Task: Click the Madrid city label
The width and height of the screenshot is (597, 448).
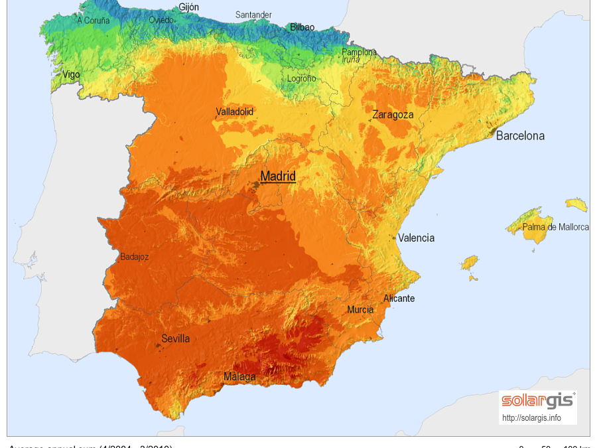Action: pyautogui.click(x=278, y=176)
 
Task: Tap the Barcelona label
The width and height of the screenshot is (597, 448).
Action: pyautogui.click(x=520, y=135)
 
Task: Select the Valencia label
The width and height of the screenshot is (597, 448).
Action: pyautogui.click(x=416, y=238)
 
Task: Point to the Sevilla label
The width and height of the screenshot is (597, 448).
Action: pyautogui.click(x=176, y=338)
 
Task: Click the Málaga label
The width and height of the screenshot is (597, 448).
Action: pyautogui.click(x=239, y=377)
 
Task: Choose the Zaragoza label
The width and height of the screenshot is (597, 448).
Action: pyautogui.click(x=393, y=114)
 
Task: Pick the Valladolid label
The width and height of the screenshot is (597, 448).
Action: pyautogui.click(x=235, y=112)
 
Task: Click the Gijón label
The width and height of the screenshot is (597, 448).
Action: pyautogui.click(x=188, y=7)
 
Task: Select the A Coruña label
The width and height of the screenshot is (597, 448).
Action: pyautogui.click(x=94, y=21)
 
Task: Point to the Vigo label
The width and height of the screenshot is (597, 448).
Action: pyautogui.click(x=71, y=74)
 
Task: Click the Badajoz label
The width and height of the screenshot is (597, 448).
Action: pyautogui.click(x=135, y=257)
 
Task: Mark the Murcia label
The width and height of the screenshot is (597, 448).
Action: pyautogui.click(x=360, y=309)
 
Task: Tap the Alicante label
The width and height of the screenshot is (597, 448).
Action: pyautogui.click(x=399, y=298)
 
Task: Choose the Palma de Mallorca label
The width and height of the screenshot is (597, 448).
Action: pyautogui.click(x=555, y=227)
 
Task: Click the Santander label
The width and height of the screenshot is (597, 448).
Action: pyautogui.click(x=253, y=15)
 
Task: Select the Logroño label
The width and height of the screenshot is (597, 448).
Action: pyautogui.click(x=301, y=78)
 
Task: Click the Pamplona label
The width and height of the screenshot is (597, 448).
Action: pyautogui.click(x=359, y=52)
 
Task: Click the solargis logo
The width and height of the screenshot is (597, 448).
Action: pyautogui.click(x=537, y=400)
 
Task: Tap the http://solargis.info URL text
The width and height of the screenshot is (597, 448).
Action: pyautogui.click(x=531, y=418)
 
